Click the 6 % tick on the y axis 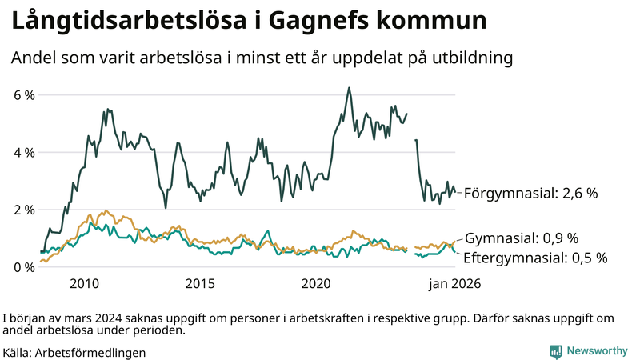point(24,95)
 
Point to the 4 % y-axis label point(24,152)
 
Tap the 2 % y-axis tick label point(24,210)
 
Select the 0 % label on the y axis point(24,267)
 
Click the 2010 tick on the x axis point(84,283)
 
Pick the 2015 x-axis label point(200,283)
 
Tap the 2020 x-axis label point(316,283)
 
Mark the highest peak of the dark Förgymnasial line point(349,88)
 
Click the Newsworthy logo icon point(555,351)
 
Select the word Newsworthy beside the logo point(597,351)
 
